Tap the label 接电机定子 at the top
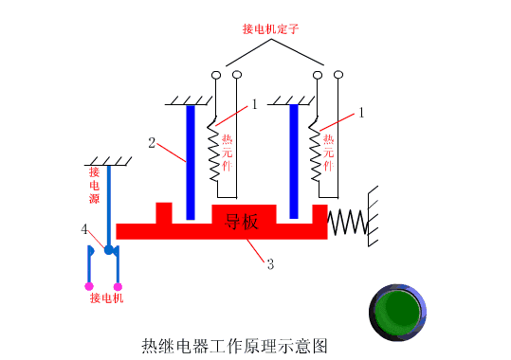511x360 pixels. [x=272, y=28]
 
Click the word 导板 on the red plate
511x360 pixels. [x=242, y=223]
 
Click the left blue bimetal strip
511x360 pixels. [x=191, y=161]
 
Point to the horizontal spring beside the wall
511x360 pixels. [x=347, y=223]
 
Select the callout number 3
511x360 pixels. [x=270, y=264]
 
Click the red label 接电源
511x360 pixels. [x=95, y=187]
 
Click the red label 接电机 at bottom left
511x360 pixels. [x=106, y=298]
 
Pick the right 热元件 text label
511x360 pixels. [x=328, y=152]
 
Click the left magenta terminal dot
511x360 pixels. [x=88, y=285]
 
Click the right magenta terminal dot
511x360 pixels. [x=119, y=285]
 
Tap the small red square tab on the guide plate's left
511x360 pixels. [x=164, y=212]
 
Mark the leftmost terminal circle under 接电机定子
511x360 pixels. [x=216, y=74]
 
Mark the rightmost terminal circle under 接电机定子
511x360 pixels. [x=338, y=74]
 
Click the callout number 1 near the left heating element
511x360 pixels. [x=254, y=105]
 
